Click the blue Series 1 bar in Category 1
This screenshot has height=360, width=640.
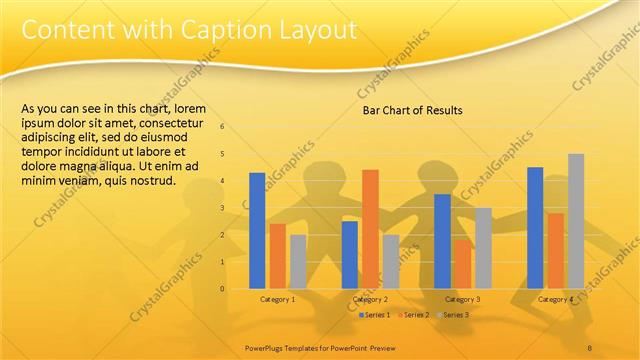257,230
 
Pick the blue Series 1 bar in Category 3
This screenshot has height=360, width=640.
442,240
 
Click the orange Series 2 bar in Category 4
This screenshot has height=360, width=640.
555,250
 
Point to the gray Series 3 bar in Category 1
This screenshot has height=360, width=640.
298,261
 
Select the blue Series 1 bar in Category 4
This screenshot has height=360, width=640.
535,227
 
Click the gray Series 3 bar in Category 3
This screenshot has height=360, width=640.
483,247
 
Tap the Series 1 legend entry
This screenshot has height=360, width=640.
373,315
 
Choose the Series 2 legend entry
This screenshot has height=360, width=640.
413,315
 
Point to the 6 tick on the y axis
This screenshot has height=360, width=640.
222,126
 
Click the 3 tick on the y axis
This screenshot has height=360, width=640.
222,207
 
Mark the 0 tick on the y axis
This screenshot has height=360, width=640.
222,288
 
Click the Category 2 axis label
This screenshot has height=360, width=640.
370,299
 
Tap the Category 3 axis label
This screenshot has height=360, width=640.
462,299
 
